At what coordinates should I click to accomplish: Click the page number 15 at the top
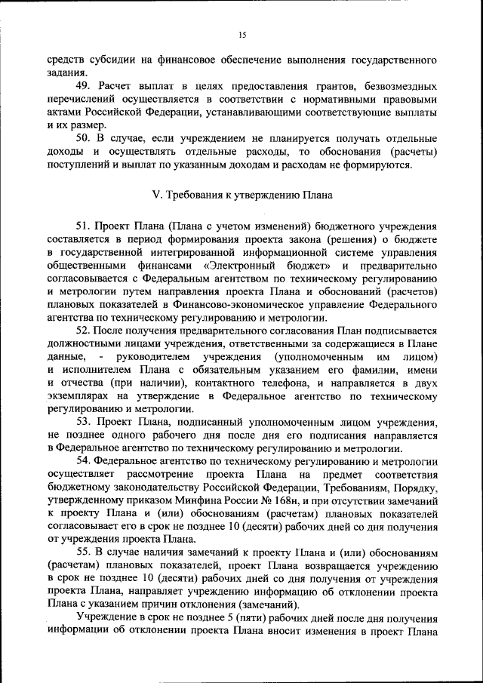(x=242, y=35)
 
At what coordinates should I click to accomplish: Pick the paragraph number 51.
(x=85, y=226)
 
